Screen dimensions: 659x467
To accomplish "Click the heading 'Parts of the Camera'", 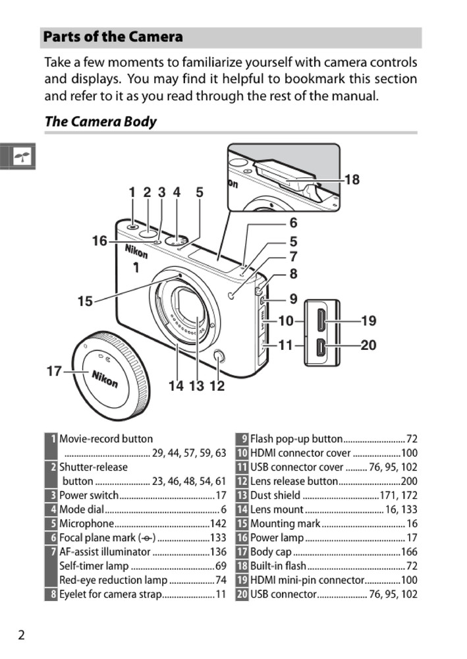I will click(x=113, y=37).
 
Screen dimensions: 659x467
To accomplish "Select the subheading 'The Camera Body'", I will click(x=100, y=121).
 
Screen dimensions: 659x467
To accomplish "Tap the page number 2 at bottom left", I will click(x=21, y=635).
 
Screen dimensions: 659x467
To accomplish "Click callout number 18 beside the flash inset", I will click(x=352, y=179).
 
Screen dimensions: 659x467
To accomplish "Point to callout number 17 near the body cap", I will click(x=54, y=372).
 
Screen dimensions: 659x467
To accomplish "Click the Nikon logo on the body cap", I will click(x=105, y=379).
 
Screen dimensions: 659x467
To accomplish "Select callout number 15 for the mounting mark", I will click(x=85, y=302).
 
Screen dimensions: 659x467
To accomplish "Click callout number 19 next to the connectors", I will click(x=369, y=321).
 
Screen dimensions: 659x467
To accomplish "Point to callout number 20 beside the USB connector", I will click(x=369, y=345).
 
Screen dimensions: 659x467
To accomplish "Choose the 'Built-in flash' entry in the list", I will click(x=278, y=566).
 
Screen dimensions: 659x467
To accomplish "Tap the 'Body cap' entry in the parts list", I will click(x=271, y=552).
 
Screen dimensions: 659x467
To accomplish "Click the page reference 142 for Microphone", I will click(x=218, y=524).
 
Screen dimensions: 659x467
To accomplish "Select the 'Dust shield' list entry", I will click(x=275, y=496).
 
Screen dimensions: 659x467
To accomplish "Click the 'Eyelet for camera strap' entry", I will click(x=110, y=594).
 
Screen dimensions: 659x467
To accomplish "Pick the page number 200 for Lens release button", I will click(x=409, y=482).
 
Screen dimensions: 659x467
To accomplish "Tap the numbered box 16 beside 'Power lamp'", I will click(x=242, y=538).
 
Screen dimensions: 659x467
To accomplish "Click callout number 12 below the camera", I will click(x=217, y=386).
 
